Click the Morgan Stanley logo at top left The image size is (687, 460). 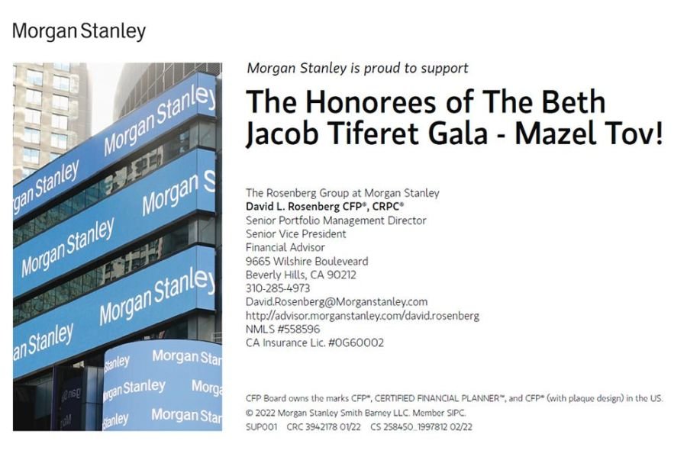(79, 31)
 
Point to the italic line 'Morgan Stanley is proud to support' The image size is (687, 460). (357, 69)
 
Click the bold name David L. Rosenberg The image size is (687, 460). (300, 207)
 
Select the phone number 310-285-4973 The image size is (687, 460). (278, 288)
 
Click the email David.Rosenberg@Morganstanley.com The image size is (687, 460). (337, 302)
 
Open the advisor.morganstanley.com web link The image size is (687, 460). (363, 316)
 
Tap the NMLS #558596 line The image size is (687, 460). (283, 329)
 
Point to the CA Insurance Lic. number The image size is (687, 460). (314, 343)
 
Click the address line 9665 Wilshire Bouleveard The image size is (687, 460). (307, 262)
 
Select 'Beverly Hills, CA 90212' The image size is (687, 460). (301, 275)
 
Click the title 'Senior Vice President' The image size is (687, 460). (295, 233)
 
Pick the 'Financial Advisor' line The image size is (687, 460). (285, 247)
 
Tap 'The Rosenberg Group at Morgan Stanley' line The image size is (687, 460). (342, 193)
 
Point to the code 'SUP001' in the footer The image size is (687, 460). (262, 426)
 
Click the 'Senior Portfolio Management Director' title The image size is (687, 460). (336, 220)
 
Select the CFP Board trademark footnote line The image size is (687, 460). (454, 398)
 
